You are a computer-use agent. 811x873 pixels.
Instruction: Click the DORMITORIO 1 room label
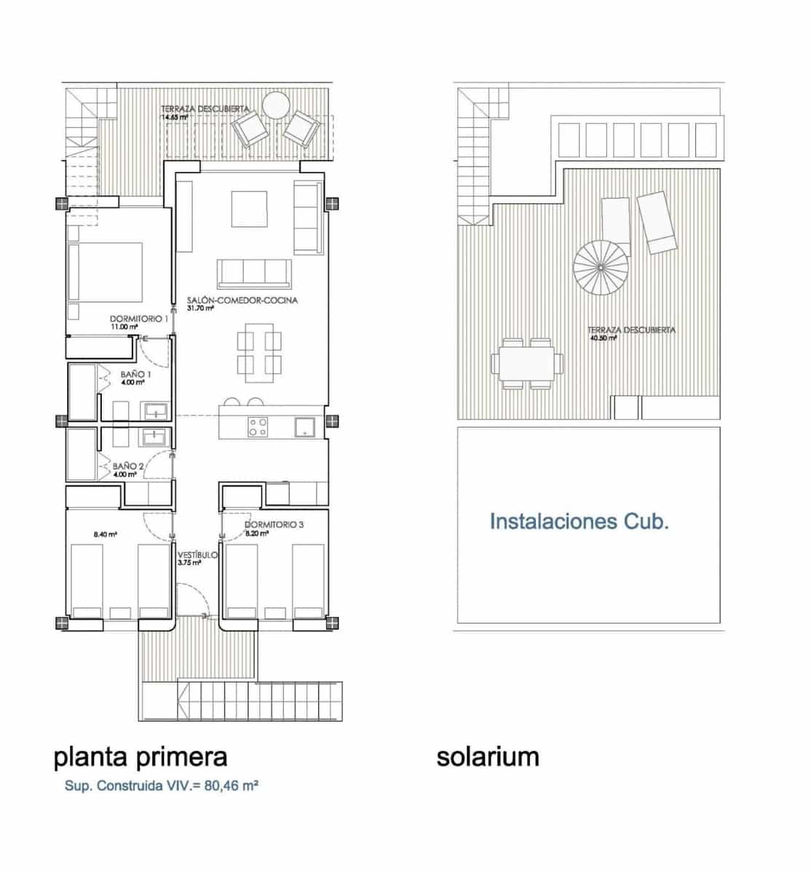(x=139, y=319)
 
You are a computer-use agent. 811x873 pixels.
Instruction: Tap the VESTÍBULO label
(x=197, y=555)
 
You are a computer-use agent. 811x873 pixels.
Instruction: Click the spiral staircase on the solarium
(x=602, y=267)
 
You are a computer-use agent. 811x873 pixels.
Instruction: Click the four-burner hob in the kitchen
(x=257, y=426)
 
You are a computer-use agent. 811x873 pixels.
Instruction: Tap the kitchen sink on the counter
(x=304, y=426)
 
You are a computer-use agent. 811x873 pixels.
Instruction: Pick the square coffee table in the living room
(x=250, y=209)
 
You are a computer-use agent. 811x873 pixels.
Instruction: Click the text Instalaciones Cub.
(x=579, y=522)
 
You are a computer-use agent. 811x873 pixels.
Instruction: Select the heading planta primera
(x=141, y=757)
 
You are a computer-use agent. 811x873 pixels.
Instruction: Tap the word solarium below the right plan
(x=488, y=757)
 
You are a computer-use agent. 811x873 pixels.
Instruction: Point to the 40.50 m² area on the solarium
(x=603, y=338)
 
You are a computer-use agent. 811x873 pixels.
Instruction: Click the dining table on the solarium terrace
(x=528, y=362)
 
